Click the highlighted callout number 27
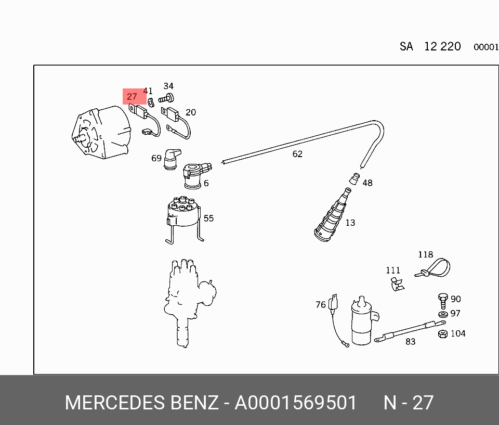click(x=132, y=97)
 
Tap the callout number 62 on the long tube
click(x=297, y=154)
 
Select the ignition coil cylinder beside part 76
click(x=363, y=323)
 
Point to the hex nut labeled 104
click(x=442, y=334)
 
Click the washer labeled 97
click(x=442, y=315)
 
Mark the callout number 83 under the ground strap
click(x=411, y=342)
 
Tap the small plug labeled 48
click(x=354, y=179)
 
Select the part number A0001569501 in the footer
click(x=296, y=403)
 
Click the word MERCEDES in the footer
click(x=113, y=403)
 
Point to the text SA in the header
click(x=406, y=47)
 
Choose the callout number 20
click(x=191, y=112)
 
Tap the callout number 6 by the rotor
click(x=206, y=183)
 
